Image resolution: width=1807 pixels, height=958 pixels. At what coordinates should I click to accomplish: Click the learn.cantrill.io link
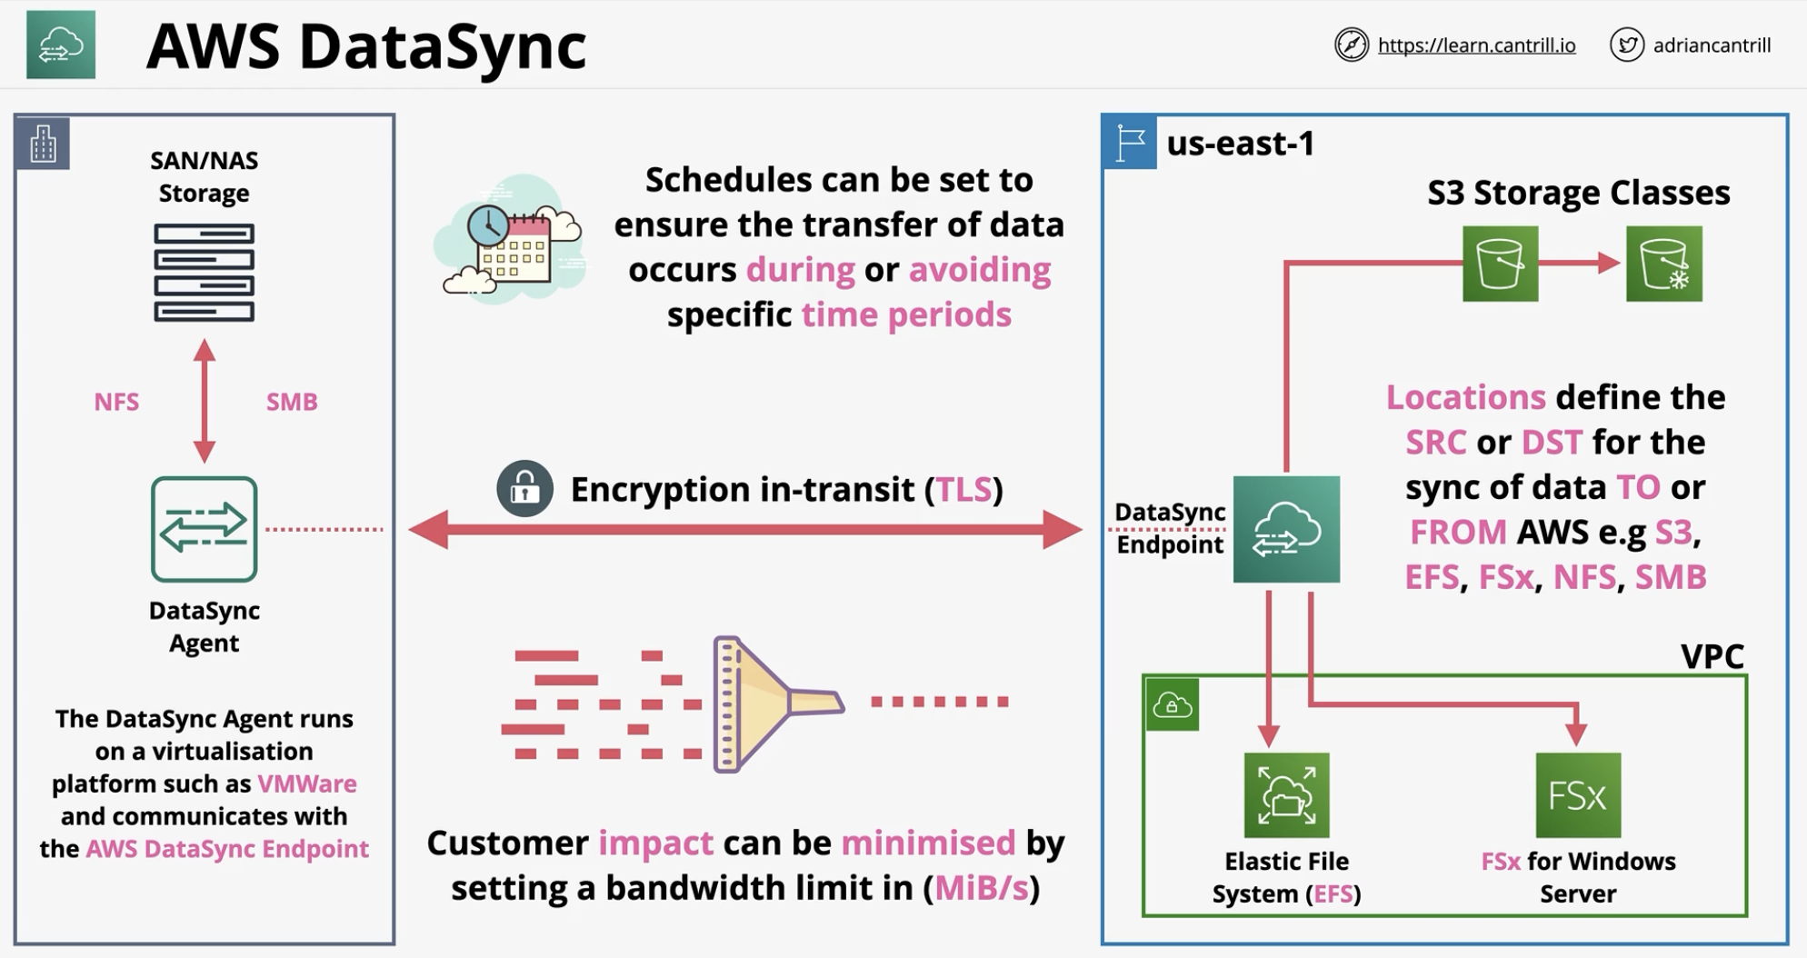(1476, 45)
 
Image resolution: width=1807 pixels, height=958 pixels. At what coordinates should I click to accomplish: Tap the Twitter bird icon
(1626, 45)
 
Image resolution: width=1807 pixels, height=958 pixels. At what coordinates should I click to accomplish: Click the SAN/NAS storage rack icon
(204, 273)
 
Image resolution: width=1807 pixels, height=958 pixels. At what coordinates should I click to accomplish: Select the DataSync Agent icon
(204, 529)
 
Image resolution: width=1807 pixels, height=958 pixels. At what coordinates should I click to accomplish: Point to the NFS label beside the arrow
(116, 402)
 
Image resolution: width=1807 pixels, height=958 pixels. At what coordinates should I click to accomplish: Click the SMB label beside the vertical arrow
(292, 402)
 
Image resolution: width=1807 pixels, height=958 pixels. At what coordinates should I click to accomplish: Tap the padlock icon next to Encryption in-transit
(524, 489)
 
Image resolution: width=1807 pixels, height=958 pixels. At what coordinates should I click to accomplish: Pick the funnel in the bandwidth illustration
(778, 704)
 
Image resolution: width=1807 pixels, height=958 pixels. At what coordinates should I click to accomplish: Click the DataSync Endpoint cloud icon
(1286, 529)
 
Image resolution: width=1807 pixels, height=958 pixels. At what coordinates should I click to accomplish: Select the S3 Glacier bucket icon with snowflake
(1663, 264)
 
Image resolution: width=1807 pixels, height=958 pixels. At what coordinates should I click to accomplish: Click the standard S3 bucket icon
(1500, 264)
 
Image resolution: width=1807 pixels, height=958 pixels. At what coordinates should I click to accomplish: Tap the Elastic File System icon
(1286, 795)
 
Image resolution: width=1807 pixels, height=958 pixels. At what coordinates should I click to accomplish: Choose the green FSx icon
(1578, 795)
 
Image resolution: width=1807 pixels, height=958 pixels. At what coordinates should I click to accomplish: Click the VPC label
(1712, 656)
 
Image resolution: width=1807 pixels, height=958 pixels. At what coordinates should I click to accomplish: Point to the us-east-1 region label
(1241, 144)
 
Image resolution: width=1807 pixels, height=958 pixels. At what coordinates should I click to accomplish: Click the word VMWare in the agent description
(307, 783)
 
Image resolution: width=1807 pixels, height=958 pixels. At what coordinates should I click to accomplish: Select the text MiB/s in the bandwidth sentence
(982, 888)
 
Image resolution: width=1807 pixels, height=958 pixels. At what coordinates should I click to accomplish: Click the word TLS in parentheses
(963, 490)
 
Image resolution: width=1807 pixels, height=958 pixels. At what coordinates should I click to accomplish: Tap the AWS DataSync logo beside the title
(61, 45)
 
